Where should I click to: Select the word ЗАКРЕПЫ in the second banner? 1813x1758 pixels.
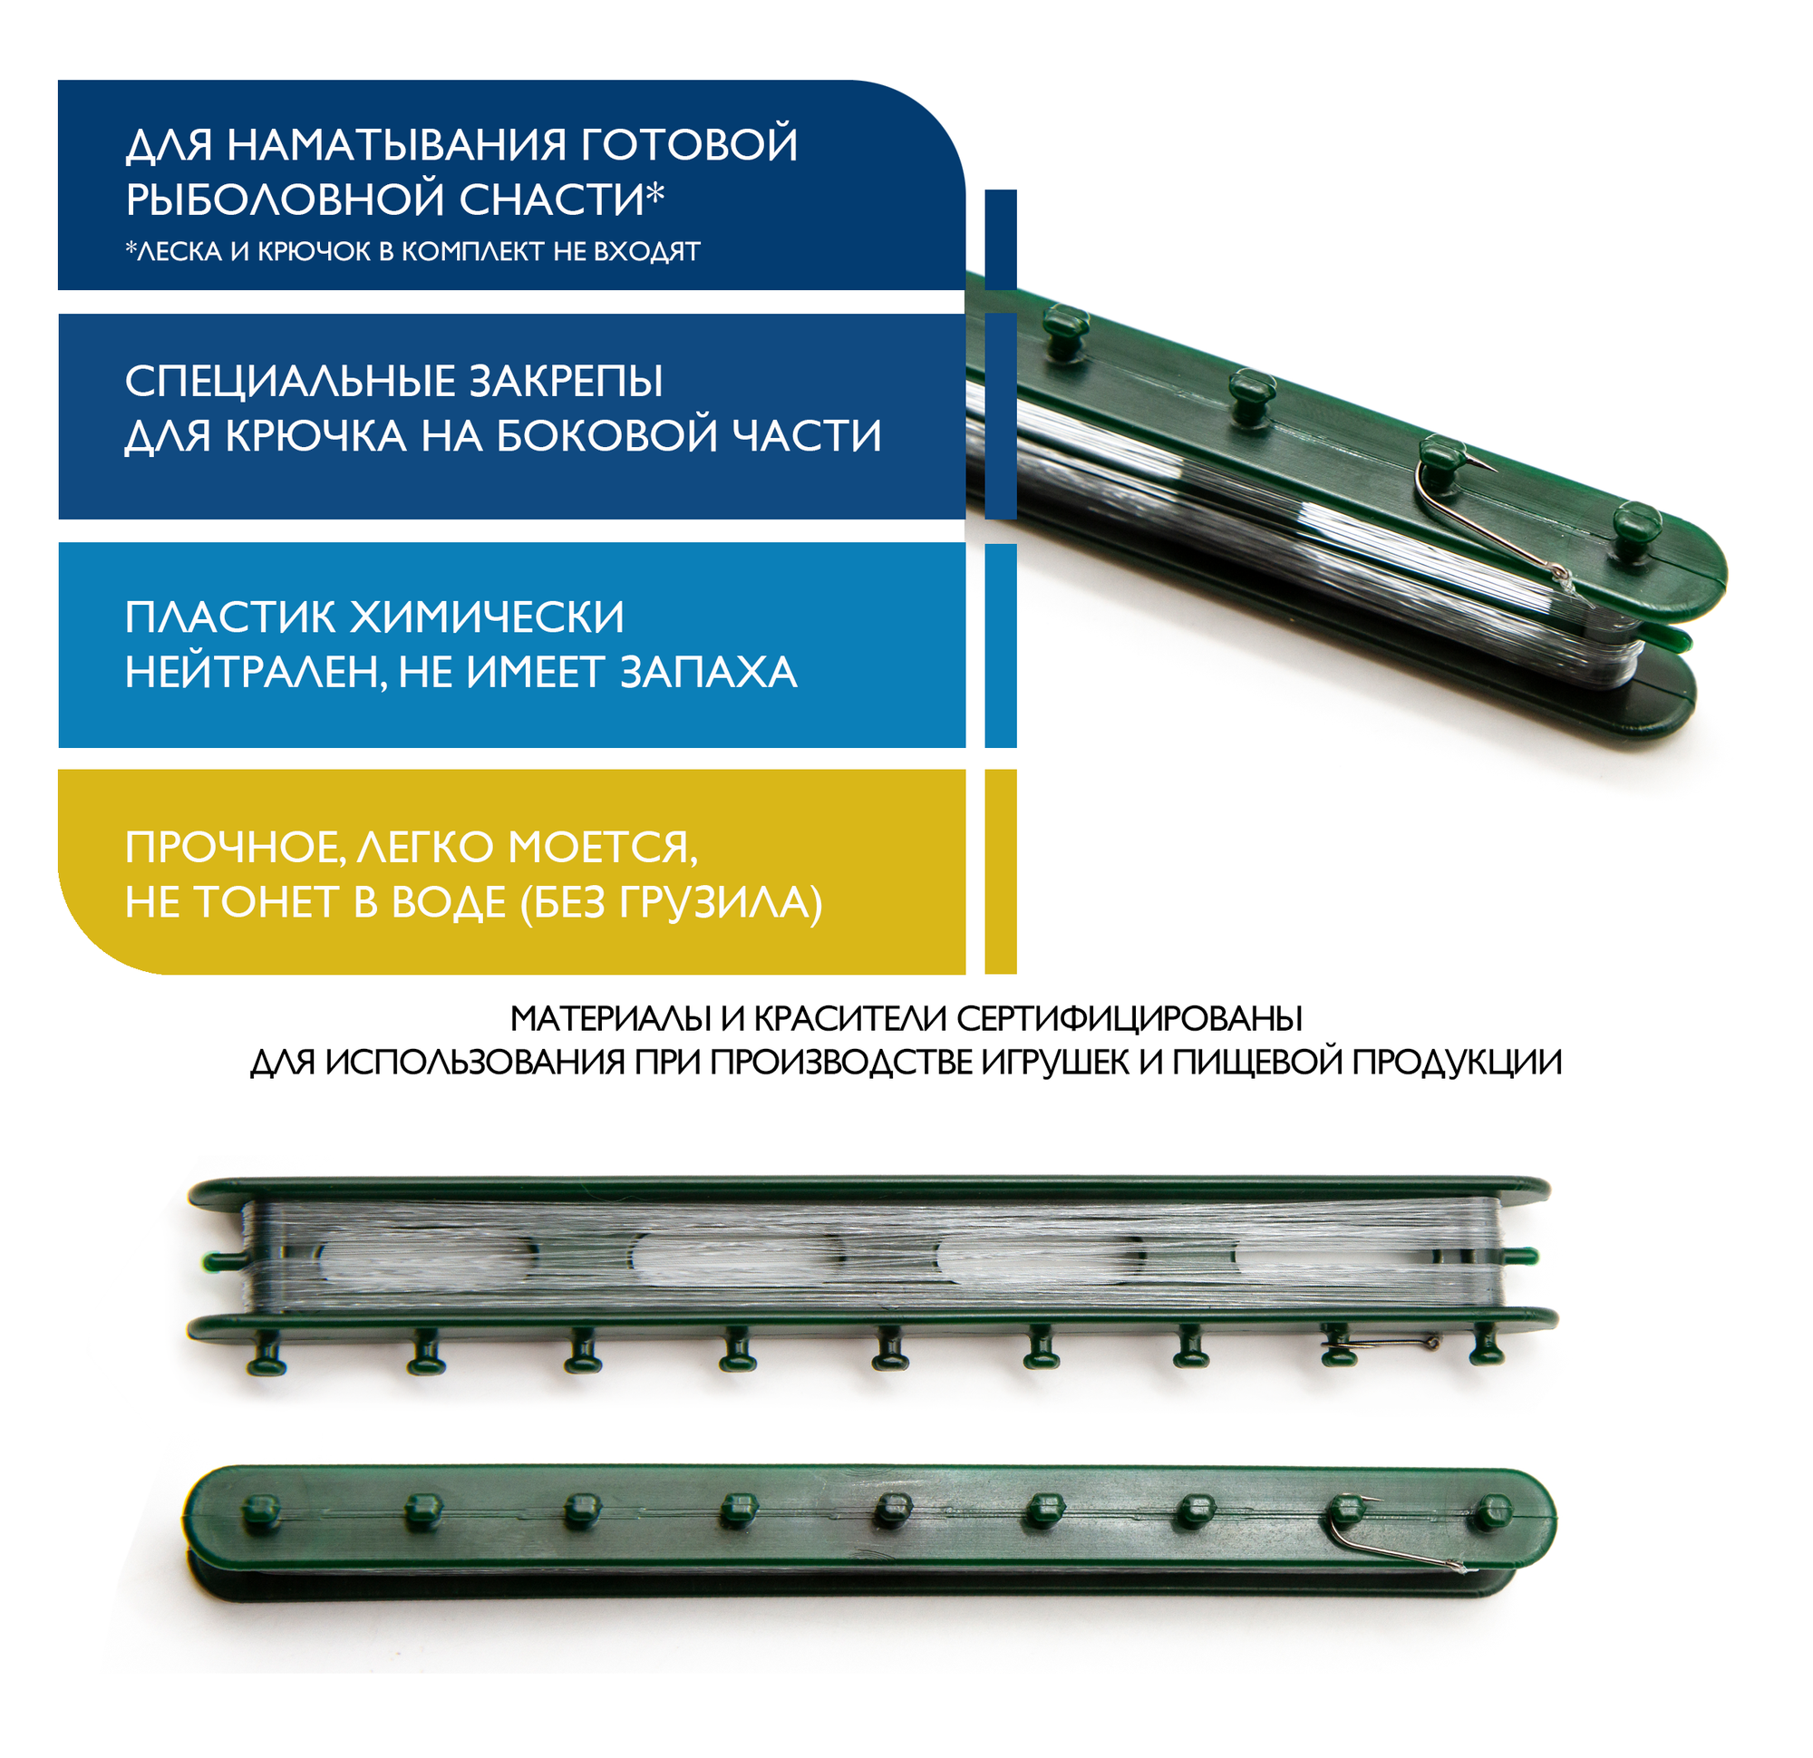click(565, 381)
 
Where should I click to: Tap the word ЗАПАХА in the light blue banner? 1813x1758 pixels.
click(708, 673)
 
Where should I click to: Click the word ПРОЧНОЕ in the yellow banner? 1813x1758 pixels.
click(235, 849)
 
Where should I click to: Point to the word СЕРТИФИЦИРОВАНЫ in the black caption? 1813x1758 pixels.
click(1129, 1019)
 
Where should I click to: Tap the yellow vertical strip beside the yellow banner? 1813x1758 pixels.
click(1000, 871)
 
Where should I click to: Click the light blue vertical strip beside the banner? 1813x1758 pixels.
click(1000, 646)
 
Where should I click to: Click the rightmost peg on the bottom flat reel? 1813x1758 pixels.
click(1491, 1513)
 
